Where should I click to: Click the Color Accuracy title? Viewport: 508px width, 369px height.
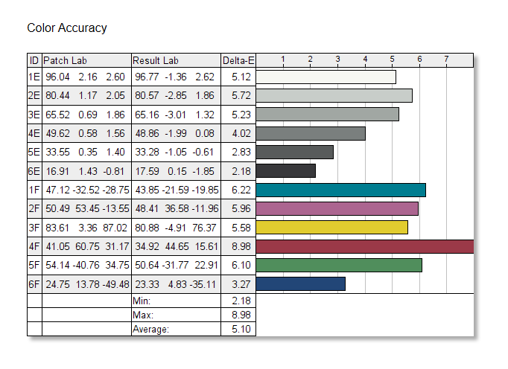(x=67, y=28)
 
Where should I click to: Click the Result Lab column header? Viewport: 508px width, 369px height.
(x=155, y=60)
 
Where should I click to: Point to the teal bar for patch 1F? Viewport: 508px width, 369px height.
(x=340, y=190)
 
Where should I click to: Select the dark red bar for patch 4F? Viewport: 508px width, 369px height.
(x=365, y=246)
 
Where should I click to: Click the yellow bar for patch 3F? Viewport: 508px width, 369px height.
(x=331, y=227)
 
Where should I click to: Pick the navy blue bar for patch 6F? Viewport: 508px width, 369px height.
(x=301, y=283)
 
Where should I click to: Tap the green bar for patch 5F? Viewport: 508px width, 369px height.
(x=339, y=265)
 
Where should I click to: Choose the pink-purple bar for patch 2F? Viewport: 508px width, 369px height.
(x=337, y=208)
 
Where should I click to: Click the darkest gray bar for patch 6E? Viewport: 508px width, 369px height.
(x=286, y=170)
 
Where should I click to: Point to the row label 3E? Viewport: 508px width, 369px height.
(x=34, y=114)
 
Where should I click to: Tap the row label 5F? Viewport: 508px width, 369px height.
(x=34, y=265)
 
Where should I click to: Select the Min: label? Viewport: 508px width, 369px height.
(x=142, y=301)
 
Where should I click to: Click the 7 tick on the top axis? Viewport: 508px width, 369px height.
(x=446, y=60)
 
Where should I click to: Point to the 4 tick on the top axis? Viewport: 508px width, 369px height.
(x=365, y=60)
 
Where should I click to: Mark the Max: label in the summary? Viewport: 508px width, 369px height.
(x=144, y=315)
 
